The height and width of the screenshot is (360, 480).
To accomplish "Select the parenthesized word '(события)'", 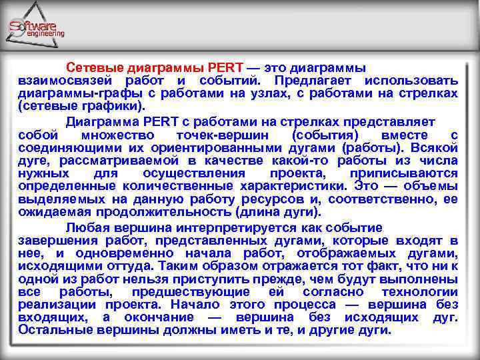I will (x=324, y=135).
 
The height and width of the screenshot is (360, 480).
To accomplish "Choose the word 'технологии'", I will (x=420, y=292).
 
